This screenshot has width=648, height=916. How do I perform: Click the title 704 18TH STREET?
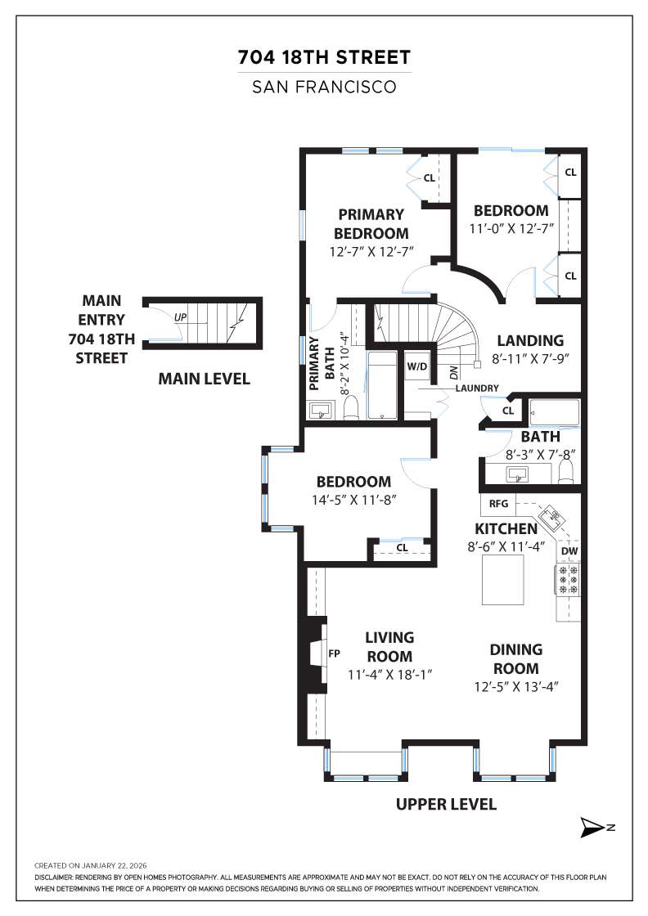click(x=324, y=58)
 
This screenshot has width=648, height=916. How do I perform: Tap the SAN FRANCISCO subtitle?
click(x=324, y=85)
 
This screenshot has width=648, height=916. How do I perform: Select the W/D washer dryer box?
click(x=417, y=366)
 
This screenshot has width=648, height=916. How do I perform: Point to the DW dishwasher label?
click(x=569, y=551)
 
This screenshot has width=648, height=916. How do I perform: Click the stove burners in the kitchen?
click(x=569, y=580)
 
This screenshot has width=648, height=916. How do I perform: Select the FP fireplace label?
click(x=334, y=653)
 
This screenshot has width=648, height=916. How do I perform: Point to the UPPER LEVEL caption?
click(x=446, y=804)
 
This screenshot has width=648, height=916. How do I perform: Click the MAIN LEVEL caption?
click(x=204, y=379)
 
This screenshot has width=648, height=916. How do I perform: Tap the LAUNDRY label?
click(x=472, y=387)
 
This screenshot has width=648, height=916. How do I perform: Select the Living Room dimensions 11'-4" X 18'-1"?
click(x=389, y=675)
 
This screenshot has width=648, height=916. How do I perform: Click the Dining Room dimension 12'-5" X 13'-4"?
click(x=516, y=687)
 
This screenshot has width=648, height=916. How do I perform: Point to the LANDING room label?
click(x=530, y=340)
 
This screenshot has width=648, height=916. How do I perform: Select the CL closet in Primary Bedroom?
click(x=430, y=177)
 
